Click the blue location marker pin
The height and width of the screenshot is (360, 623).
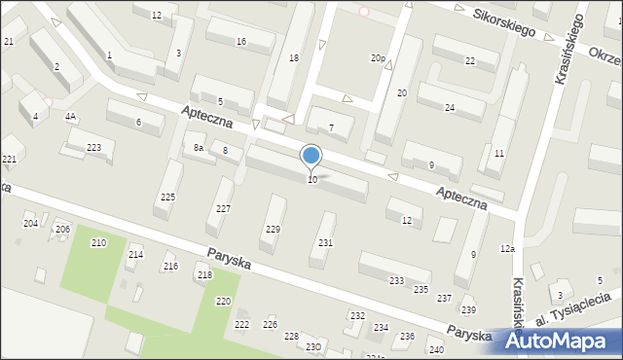pos(311,156)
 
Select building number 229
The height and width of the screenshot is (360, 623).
pos(273,229)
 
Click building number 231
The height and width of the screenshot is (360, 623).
pos(325,242)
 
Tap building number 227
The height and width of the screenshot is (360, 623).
pos(224,209)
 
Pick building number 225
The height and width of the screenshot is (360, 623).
pos(167,198)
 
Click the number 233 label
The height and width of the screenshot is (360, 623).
pos(396,280)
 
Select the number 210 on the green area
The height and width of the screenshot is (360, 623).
pos(98,242)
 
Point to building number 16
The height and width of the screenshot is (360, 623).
pos(240,42)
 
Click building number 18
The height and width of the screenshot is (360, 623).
pos(294,58)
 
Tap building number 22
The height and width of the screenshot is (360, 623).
pos(470,61)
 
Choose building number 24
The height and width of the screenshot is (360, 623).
pos(450,107)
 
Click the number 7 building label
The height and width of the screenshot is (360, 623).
pos(331,127)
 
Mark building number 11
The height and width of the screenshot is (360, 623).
pos(498,154)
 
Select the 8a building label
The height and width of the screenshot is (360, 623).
pos(198,148)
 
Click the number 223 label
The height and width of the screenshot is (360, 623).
pos(93,147)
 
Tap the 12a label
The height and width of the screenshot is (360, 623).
pos(507,250)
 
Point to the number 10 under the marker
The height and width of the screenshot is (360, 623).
pos(311,180)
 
